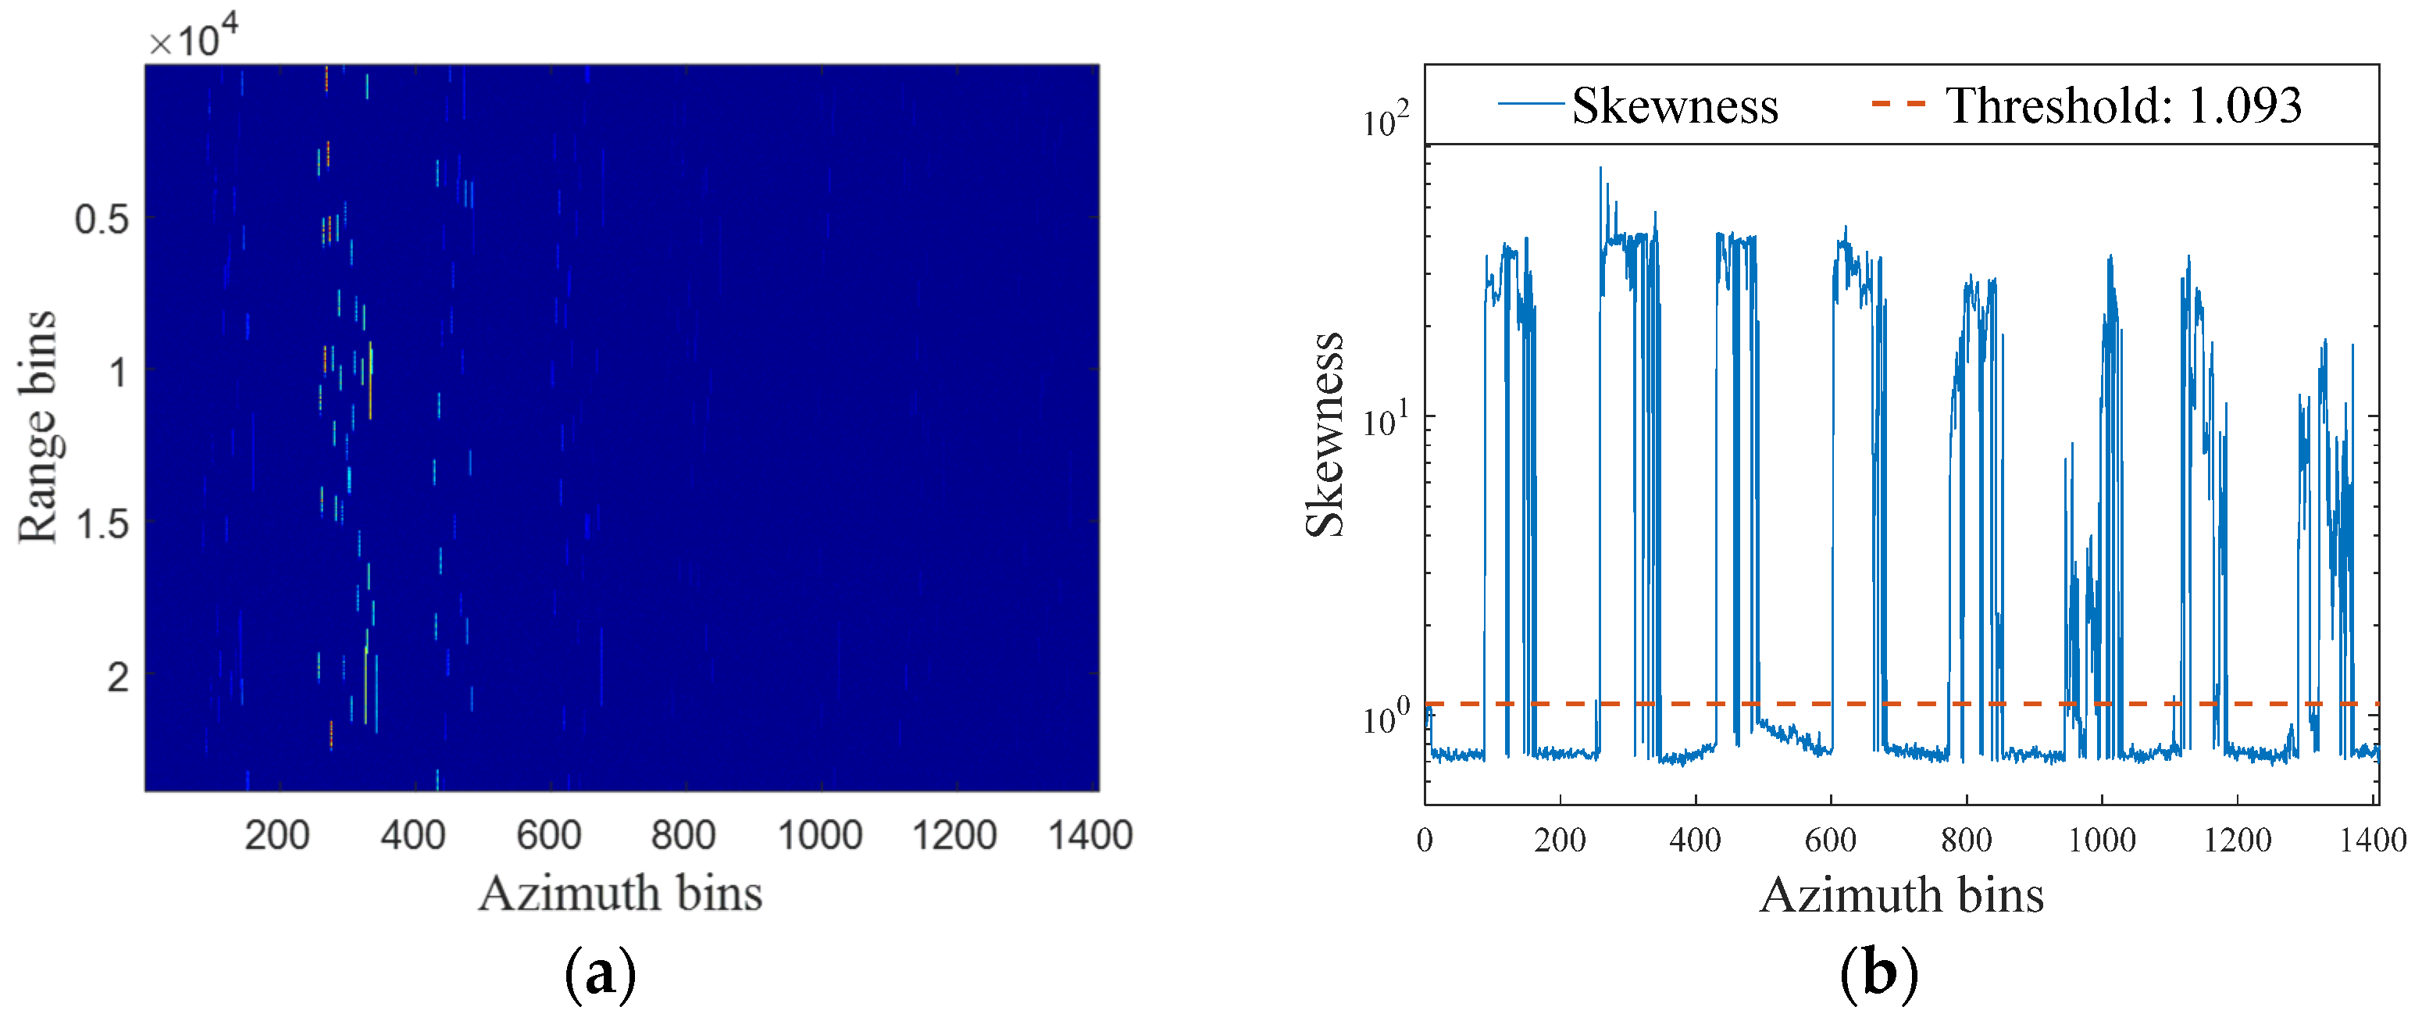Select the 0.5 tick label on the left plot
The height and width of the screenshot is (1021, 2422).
click(102, 220)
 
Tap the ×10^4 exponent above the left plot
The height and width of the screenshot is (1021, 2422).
click(194, 40)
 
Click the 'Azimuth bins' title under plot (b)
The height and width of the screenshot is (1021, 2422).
click(1901, 895)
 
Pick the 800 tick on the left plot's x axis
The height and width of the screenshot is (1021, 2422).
click(683, 836)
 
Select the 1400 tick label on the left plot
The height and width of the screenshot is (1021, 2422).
click(1090, 836)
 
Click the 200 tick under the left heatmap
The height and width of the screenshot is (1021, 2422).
click(276, 836)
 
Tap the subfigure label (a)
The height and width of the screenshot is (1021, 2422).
click(600, 975)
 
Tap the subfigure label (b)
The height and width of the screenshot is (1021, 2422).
click(1878, 975)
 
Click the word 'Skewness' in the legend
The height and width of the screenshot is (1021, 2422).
click(1675, 105)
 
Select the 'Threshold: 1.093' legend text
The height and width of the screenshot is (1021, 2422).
click(2123, 105)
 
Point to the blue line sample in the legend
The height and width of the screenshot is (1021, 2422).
click(1531, 103)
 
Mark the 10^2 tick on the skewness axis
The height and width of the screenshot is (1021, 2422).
click(1386, 120)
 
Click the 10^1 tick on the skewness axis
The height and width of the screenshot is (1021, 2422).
click(1386, 419)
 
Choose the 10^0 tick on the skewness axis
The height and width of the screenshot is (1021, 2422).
click(1386, 718)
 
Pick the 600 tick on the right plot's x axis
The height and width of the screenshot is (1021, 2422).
click(1830, 840)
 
